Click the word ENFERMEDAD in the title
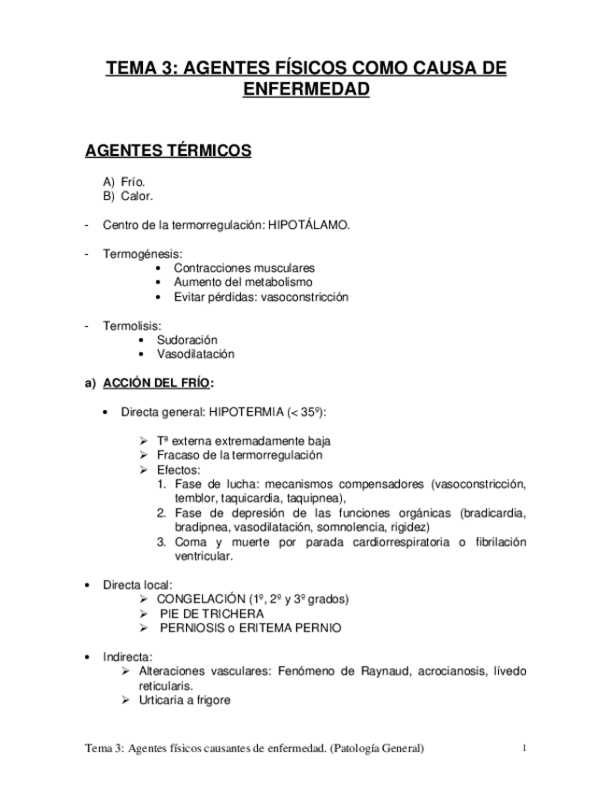(x=306, y=90)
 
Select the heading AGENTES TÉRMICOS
(x=167, y=149)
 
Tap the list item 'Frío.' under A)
(x=134, y=182)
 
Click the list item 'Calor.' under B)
(x=137, y=196)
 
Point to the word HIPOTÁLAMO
(x=308, y=225)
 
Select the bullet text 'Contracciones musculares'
(x=244, y=268)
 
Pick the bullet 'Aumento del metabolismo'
(x=243, y=282)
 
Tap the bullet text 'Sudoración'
(x=187, y=340)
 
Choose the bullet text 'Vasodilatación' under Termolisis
(x=195, y=354)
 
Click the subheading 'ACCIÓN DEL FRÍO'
(x=156, y=383)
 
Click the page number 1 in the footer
(x=525, y=748)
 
